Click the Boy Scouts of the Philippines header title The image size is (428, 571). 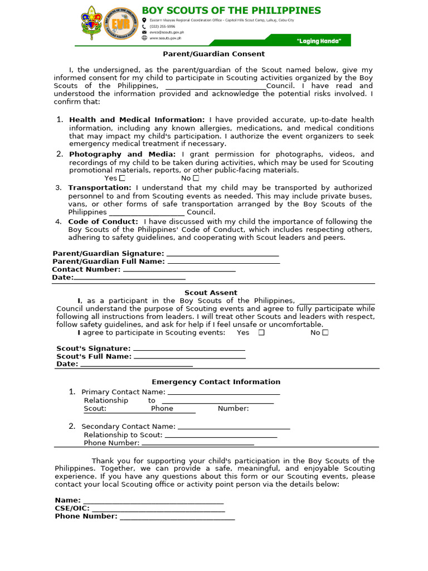point(231,11)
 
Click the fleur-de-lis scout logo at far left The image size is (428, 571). point(91,25)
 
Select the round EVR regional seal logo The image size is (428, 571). point(120,26)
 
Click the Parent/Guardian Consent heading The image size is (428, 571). point(213,54)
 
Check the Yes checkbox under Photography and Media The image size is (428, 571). point(122,178)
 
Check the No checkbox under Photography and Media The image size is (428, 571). point(196,178)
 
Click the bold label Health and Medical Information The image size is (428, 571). point(137,120)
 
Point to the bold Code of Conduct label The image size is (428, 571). point(103,221)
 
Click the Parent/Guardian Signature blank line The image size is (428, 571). point(223,255)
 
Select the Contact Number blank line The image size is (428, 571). point(179,270)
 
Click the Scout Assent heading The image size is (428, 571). point(211,293)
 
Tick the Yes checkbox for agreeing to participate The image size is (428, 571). point(261,333)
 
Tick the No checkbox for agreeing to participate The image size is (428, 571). point(325,333)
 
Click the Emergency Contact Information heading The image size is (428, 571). point(216,382)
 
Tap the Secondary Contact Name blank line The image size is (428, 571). point(234,428)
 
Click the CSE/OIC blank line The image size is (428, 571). point(158,510)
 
